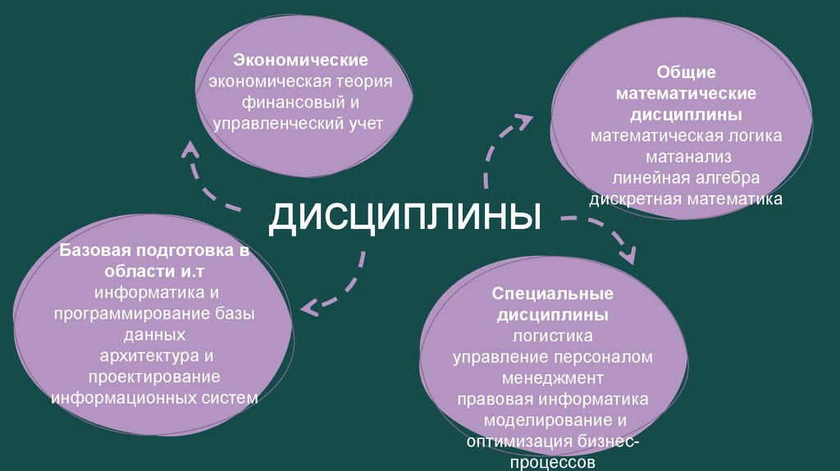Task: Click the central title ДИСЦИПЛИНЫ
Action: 406,216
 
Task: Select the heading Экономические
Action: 300,61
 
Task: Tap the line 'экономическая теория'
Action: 300,82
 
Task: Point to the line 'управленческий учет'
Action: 299,124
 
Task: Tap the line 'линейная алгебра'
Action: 686,177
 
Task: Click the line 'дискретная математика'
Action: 686,199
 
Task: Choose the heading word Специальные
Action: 553,294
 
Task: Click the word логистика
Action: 553,336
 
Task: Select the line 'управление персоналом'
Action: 553,358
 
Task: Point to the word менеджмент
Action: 553,379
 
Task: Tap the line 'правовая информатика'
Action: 553,400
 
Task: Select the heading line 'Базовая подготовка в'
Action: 153,249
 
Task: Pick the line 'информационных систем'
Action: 154,398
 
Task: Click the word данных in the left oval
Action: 154,335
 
